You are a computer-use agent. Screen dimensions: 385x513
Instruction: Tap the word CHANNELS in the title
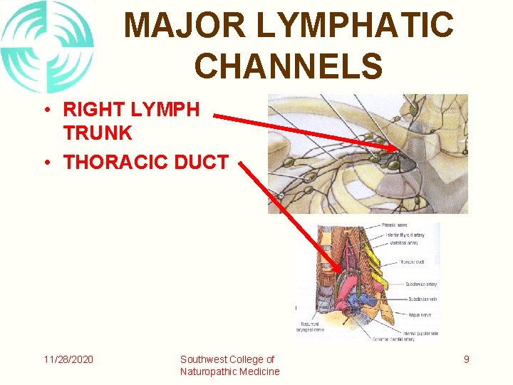click(289, 66)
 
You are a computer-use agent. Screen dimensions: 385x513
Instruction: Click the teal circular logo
click(47, 47)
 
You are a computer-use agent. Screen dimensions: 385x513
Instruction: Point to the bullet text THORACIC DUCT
click(146, 163)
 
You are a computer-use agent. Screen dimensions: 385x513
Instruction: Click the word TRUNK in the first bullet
click(98, 133)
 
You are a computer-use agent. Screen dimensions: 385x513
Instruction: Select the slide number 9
click(467, 359)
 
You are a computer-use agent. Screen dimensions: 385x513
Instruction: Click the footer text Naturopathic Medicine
click(229, 371)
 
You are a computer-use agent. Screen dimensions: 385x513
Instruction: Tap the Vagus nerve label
click(419, 314)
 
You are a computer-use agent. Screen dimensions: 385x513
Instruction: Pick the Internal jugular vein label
click(420, 333)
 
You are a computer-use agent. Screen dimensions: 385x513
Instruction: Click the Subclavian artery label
click(422, 284)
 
